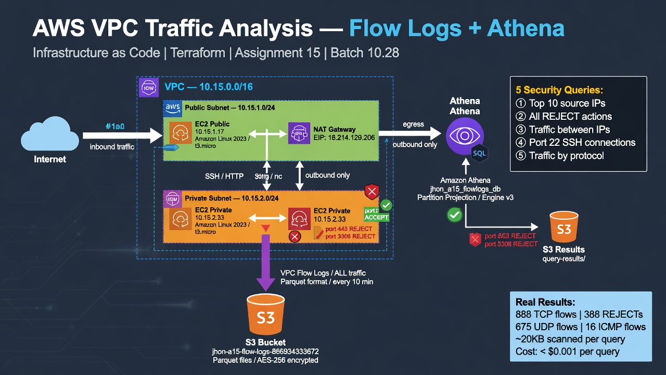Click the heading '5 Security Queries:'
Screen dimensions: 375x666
tap(559, 90)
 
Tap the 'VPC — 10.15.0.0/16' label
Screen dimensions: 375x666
tap(208, 87)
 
